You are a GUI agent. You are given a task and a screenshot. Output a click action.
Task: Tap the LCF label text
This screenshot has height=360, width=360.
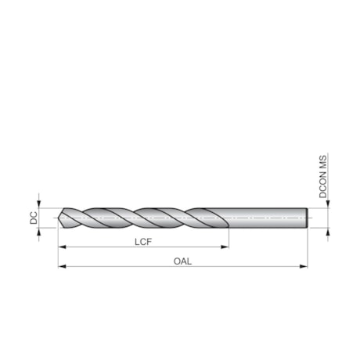click(142, 242)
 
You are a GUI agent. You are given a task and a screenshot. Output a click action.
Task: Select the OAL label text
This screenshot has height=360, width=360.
click(182, 261)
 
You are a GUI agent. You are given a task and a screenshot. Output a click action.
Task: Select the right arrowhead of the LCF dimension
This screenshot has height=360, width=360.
click(225, 247)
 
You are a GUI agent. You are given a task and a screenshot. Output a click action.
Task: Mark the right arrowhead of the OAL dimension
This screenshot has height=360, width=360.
click(304, 267)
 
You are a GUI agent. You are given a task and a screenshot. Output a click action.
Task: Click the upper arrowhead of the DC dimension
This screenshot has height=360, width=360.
click(38, 203)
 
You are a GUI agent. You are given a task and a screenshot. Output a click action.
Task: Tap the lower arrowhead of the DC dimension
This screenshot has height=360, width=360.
click(38, 234)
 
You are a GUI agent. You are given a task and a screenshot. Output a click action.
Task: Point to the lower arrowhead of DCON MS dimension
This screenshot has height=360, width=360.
click(329, 233)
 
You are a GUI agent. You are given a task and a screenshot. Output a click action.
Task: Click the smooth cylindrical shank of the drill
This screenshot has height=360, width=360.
click(266, 218)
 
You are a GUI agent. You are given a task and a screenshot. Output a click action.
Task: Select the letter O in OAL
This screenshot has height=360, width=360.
click(176, 261)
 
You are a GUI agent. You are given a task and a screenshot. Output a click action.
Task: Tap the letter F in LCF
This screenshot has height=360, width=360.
click(149, 242)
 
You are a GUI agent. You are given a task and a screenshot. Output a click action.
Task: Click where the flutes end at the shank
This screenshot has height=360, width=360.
click(227, 218)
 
